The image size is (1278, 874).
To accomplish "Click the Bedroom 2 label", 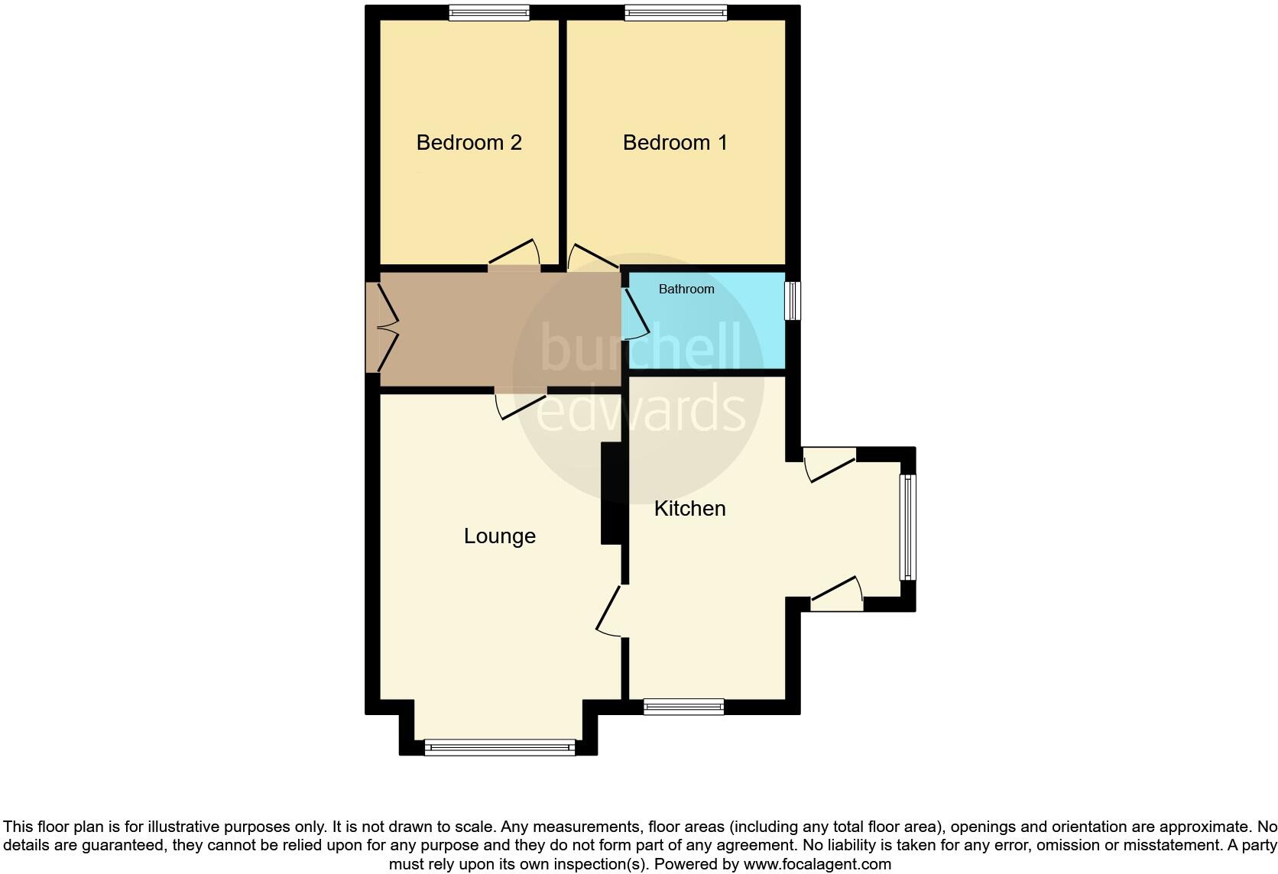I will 469,143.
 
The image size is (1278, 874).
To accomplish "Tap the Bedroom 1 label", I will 675,143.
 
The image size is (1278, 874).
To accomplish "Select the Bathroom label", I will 686,289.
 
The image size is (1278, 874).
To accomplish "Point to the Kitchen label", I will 689,509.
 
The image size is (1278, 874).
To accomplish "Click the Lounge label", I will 499,536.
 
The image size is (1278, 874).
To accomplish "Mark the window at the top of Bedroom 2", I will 489,12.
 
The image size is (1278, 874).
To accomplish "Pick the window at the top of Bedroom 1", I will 676,12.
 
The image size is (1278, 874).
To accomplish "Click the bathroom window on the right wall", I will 794,300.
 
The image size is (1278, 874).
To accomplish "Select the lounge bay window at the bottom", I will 500,747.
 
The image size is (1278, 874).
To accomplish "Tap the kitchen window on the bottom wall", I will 683,707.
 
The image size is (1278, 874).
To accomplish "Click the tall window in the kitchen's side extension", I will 907,527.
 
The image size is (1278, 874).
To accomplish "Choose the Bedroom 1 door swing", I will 592,257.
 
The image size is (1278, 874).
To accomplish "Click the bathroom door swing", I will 637,314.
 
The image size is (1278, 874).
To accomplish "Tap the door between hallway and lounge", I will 520,403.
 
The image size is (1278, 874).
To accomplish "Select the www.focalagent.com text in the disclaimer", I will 817,865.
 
